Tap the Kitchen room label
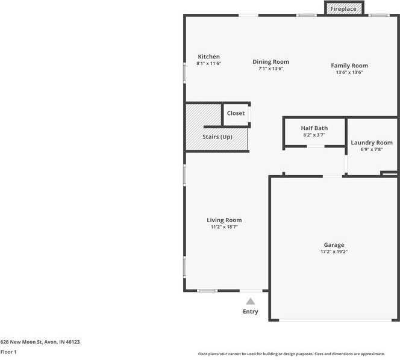click(208, 57)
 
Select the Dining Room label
click(270, 61)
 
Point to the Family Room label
click(349, 66)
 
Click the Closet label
click(236, 113)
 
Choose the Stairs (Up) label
click(217, 137)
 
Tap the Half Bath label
click(314, 128)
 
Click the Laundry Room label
click(372, 143)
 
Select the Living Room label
click(224, 220)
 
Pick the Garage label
click(334, 245)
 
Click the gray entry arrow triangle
click(250, 301)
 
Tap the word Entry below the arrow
click(251, 312)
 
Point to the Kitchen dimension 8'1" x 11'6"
click(208, 63)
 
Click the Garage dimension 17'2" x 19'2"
click(334, 252)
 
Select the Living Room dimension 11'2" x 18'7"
click(224, 228)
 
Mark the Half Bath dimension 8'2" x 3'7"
click(314, 135)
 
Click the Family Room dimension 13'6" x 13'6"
click(349, 72)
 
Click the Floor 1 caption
click(8, 352)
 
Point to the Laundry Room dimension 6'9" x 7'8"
click(372, 150)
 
